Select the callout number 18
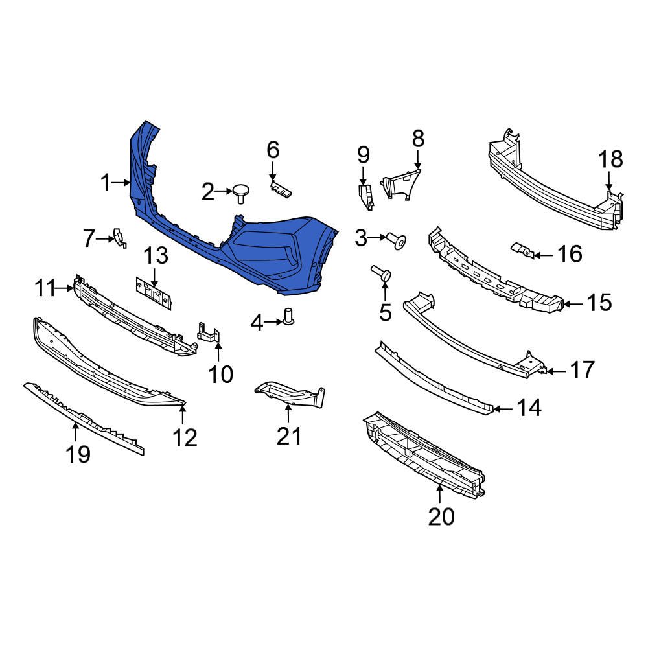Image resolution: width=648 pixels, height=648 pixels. (610, 159)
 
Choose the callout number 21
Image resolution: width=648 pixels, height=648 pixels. (289, 436)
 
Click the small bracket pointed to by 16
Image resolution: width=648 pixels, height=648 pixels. (522, 250)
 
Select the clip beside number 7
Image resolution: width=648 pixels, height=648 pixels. (119, 238)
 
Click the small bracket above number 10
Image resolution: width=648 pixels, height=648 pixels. (209, 332)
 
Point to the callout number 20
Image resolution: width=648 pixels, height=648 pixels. (441, 516)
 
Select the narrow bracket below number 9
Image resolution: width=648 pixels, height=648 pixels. (365, 196)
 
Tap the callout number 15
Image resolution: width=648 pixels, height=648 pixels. (599, 302)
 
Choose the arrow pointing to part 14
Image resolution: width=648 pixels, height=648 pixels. (504, 408)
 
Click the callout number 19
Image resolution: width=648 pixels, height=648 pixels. (78, 454)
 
